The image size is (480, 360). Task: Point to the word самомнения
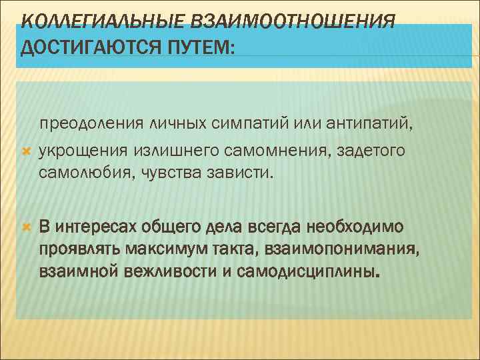pyautogui.click(x=264, y=152)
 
